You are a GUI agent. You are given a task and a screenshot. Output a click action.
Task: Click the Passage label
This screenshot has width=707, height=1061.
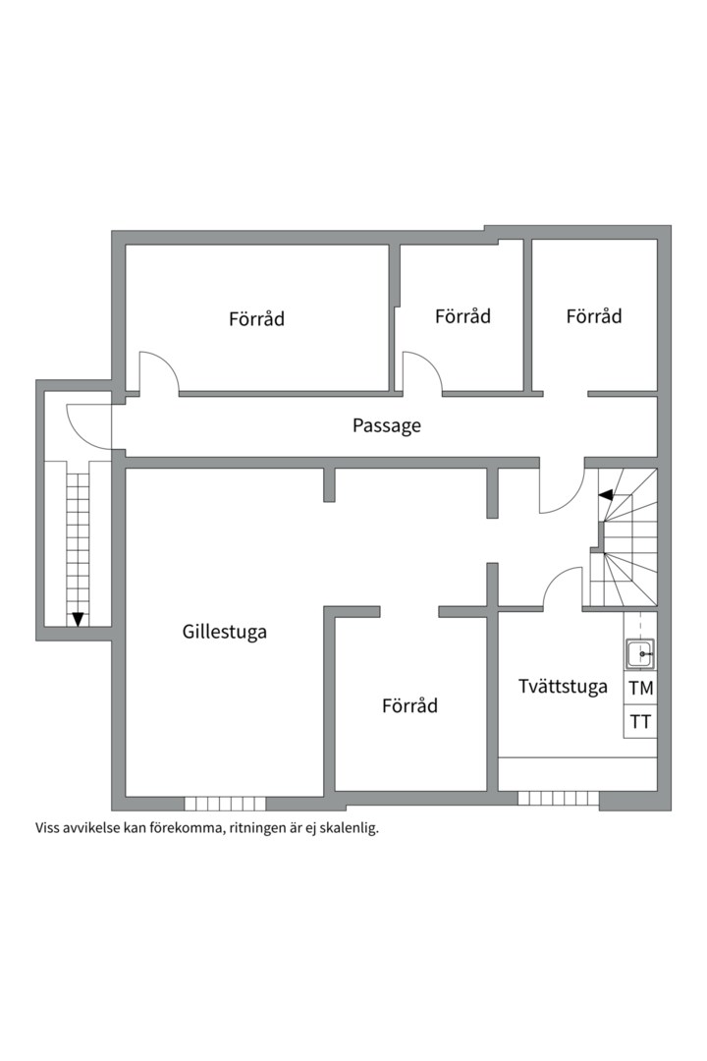pyautogui.click(x=387, y=425)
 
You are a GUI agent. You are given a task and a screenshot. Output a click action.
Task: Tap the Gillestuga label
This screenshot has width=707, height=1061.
pyautogui.click(x=224, y=632)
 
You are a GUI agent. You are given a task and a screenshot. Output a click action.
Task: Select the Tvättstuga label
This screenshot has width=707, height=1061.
pyautogui.click(x=563, y=687)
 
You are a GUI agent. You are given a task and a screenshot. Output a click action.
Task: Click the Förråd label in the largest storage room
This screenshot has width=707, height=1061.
pyautogui.click(x=256, y=318)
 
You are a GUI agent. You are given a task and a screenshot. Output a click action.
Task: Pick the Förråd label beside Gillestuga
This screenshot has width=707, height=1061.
pyautogui.click(x=409, y=705)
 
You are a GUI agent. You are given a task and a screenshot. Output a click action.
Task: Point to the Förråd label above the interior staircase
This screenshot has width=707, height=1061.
pyautogui.click(x=594, y=315)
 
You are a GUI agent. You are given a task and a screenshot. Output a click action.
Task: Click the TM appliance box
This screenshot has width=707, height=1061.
pyautogui.click(x=640, y=688)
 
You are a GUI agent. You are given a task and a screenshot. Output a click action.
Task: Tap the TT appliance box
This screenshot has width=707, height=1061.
pyautogui.click(x=640, y=722)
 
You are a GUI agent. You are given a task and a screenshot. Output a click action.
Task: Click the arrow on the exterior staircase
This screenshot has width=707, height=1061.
pyautogui.click(x=78, y=618)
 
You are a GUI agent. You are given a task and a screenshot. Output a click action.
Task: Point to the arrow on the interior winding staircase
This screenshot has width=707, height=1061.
pyautogui.click(x=606, y=494)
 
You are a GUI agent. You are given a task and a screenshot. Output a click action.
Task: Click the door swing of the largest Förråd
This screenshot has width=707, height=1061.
pyautogui.click(x=157, y=373)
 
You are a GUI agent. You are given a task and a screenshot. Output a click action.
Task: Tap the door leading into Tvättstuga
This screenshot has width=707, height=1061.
pyautogui.click(x=564, y=588)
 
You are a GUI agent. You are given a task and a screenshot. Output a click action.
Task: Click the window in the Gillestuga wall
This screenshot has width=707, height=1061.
pyautogui.click(x=225, y=803)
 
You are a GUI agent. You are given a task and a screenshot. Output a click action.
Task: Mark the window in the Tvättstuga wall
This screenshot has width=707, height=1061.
pyautogui.click(x=558, y=798)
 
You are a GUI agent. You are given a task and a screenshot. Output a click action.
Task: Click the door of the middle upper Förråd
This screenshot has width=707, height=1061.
pyautogui.click(x=421, y=373)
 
